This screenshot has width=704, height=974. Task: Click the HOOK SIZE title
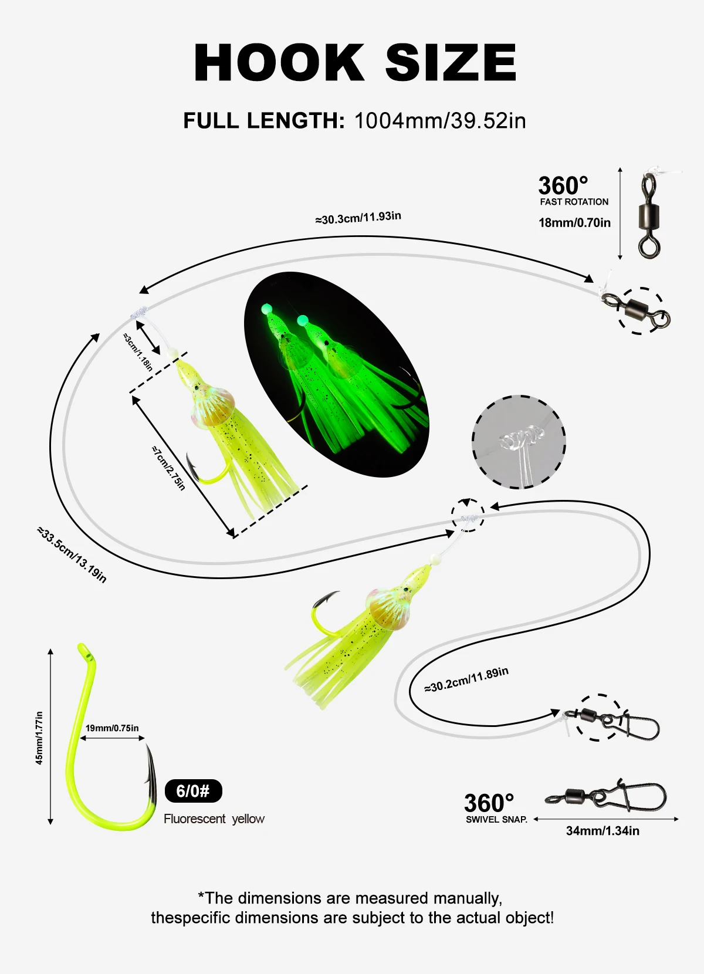pyautogui.click(x=355, y=62)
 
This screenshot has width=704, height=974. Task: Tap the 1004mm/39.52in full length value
pyautogui.click(x=440, y=120)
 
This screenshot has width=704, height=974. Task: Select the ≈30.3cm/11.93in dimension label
pyautogui.click(x=358, y=218)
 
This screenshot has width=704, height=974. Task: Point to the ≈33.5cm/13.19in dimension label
pyautogui.click(x=72, y=554)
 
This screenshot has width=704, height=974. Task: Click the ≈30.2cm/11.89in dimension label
pyautogui.click(x=466, y=679)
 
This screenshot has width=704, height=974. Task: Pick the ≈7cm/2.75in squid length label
pyautogui.click(x=168, y=468)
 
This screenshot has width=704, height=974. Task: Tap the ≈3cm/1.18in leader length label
pyautogui.click(x=138, y=352)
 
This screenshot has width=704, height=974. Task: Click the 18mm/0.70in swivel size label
pyautogui.click(x=574, y=223)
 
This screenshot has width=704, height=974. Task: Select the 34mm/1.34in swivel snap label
pyautogui.click(x=603, y=831)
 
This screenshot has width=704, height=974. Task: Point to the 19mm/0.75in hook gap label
pyautogui.click(x=112, y=728)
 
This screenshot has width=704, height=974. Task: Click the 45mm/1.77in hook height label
pyautogui.click(x=39, y=738)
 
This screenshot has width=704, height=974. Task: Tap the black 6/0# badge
pyautogui.click(x=193, y=791)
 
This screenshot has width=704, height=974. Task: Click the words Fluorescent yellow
pyautogui.click(x=214, y=819)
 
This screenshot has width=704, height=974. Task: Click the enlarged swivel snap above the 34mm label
pyautogui.click(x=607, y=795)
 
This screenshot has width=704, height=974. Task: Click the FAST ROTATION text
pyautogui.click(x=574, y=202)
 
